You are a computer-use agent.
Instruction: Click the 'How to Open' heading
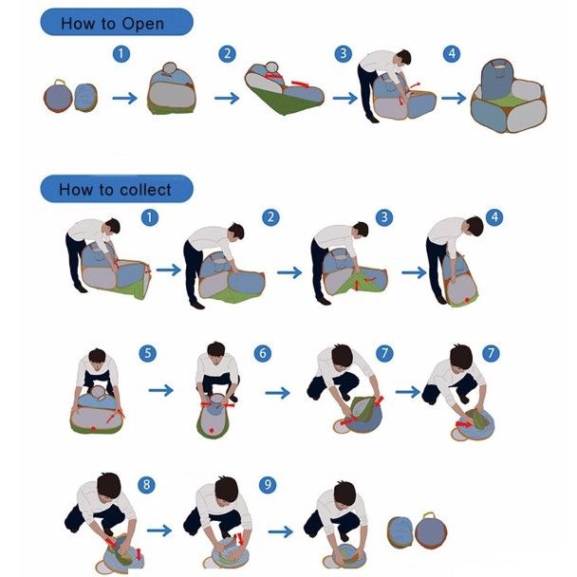pyautogui.click(x=112, y=24)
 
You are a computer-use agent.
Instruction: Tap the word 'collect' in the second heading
pyautogui.click(x=146, y=190)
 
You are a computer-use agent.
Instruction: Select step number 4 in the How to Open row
pyautogui.click(x=452, y=54)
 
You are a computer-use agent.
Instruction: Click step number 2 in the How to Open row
pyautogui.click(x=228, y=54)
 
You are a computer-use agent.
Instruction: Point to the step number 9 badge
pyautogui.click(x=268, y=485)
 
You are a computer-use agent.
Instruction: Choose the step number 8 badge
pyautogui.click(x=146, y=485)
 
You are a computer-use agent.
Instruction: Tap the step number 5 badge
pyautogui.click(x=147, y=353)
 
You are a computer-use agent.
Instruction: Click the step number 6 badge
pyautogui.click(x=263, y=353)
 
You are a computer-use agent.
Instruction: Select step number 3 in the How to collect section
pyautogui.click(x=384, y=217)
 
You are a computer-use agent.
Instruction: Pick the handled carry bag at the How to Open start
pyautogui.click(x=58, y=96)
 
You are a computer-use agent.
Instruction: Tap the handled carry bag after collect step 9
pyautogui.click(x=431, y=530)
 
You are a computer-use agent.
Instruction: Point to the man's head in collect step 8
pyautogui.click(x=109, y=485)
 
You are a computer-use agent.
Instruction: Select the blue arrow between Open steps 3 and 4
pyautogui.click(x=454, y=99)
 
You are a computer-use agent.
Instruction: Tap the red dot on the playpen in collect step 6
pyautogui.click(x=212, y=430)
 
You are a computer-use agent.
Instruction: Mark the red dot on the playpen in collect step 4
pyautogui.click(x=467, y=300)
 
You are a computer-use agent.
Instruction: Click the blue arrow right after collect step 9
pyautogui.click(x=281, y=531)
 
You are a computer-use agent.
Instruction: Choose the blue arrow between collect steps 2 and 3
pyautogui.click(x=289, y=272)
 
